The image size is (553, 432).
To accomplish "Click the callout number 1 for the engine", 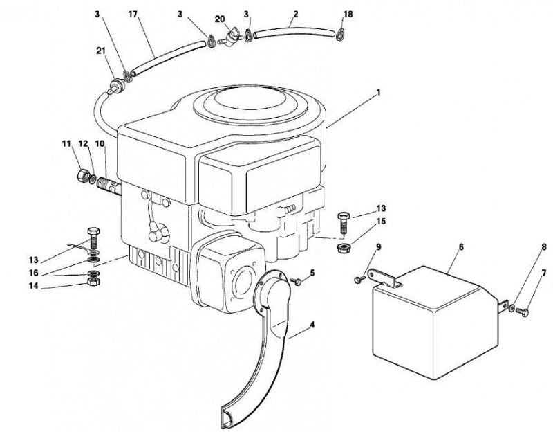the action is (x=378, y=93).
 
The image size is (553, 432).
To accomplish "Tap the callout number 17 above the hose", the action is (x=133, y=15).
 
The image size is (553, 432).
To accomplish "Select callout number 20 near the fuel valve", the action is (x=220, y=19).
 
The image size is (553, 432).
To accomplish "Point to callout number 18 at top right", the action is (x=348, y=14).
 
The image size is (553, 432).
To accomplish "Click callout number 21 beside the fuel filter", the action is (x=101, y=51).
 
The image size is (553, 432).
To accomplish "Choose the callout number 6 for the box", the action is (x=461, y=247).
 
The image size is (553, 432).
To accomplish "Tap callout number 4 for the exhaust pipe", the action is (x=312, y=325).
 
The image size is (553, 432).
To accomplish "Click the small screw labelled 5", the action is (x=297, y=281).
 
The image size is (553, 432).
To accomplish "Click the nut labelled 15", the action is (x=342, y=248).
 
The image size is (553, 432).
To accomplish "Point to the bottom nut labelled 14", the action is (x=93, y=282).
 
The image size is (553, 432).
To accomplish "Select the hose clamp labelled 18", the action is (x=340, y=34).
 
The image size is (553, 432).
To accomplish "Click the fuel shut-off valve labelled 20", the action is (x=231, y=37).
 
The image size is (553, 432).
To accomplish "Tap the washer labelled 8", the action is (x=512, y=309).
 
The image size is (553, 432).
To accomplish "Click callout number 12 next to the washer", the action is (x=83, y=144).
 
